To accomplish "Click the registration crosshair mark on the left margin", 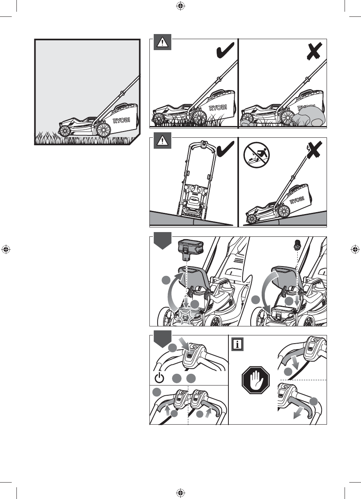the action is click(x=5, y=249).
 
